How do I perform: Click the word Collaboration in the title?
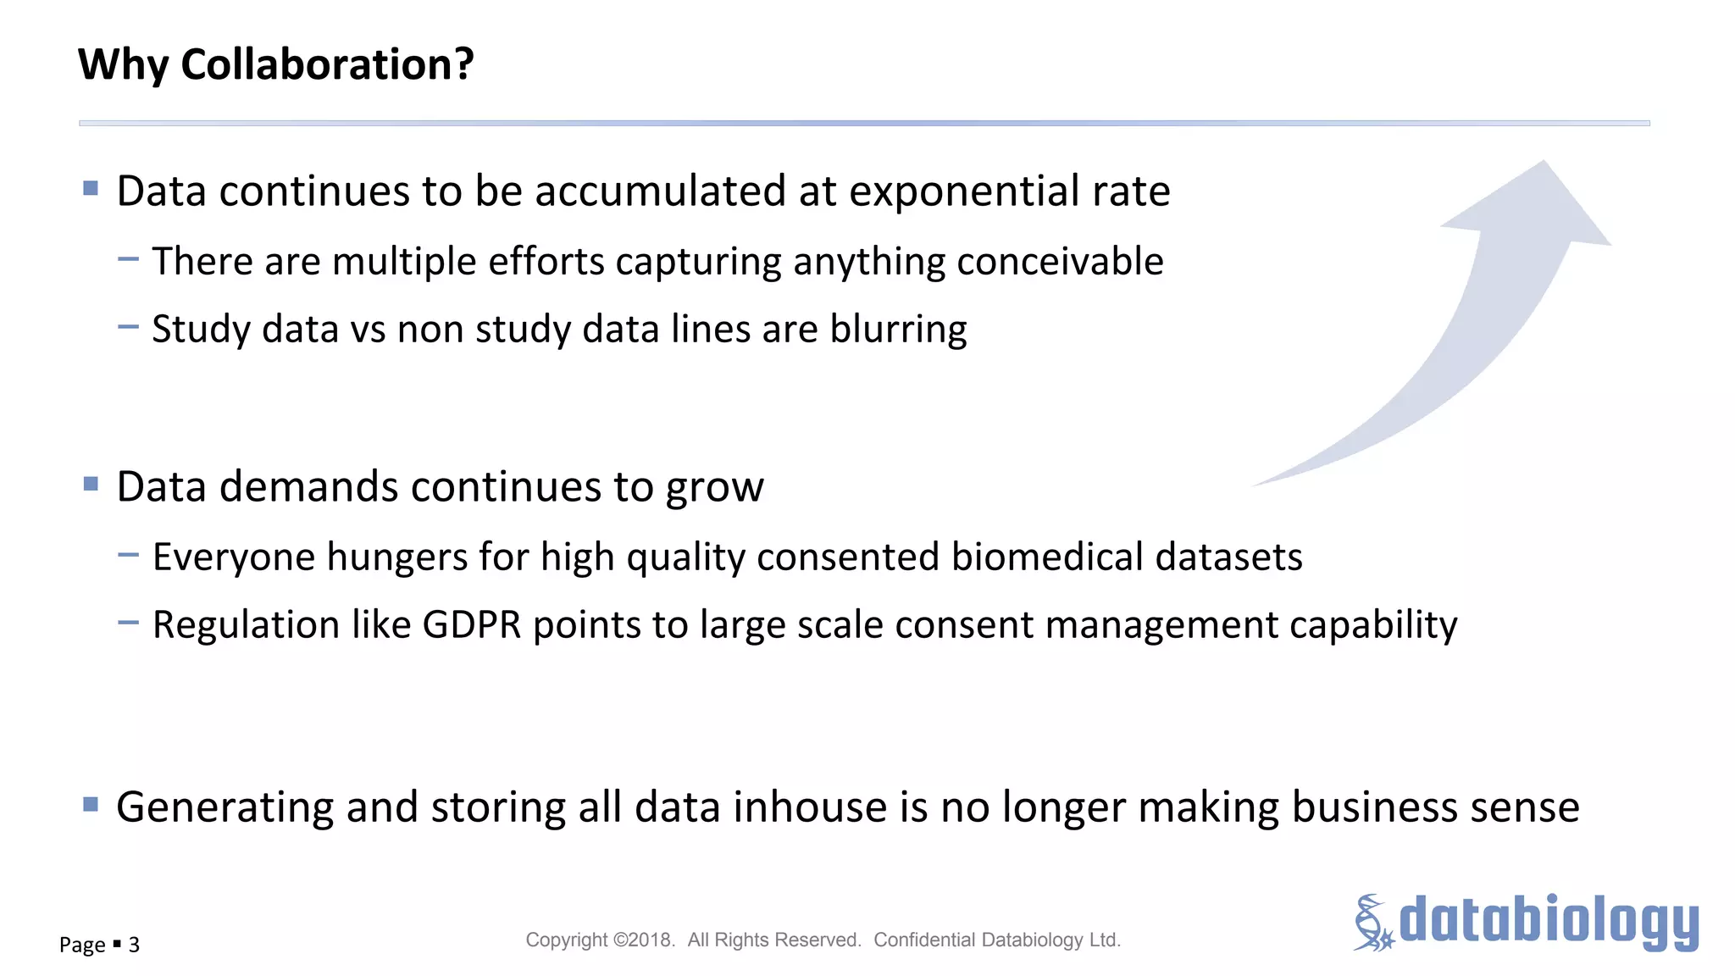(327, 65)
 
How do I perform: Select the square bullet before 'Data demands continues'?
(91, 484)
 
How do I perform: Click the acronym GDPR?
(472, 625)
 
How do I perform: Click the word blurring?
(898, 330)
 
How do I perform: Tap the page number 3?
(134, 945)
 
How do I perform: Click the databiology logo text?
(1549, 922)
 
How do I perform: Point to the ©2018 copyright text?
(643, 940)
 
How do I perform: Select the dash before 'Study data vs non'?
(128, 327)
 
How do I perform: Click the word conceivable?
(1060, 262)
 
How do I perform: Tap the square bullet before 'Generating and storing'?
(91, 804)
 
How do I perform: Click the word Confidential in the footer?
(924, 940)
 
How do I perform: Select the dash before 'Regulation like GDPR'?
(128, 623)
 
